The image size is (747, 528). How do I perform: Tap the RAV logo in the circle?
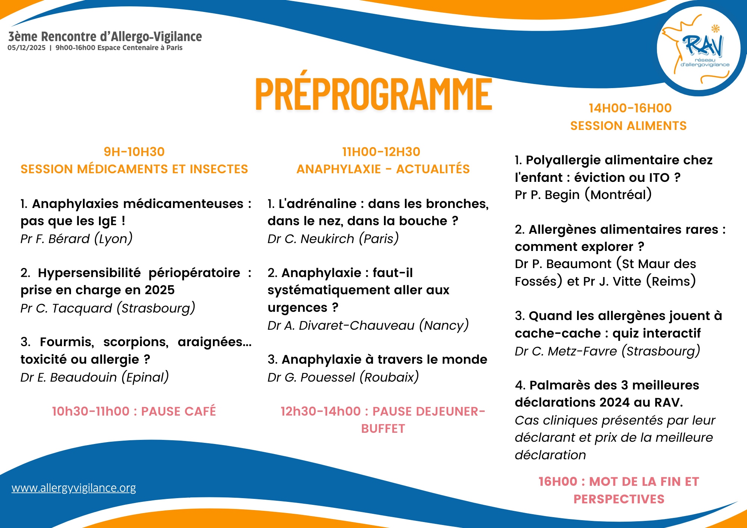point(699,49)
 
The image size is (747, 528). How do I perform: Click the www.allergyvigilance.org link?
point(74,488)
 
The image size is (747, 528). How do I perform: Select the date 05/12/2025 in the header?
point(27,48)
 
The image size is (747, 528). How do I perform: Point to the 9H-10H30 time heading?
point(134,152)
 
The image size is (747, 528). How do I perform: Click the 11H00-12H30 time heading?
point(381,152)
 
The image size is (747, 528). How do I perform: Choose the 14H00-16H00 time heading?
point(630,108)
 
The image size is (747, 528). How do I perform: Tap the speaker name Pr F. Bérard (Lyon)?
point(77,239)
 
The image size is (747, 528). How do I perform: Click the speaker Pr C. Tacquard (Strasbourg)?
point(108,308)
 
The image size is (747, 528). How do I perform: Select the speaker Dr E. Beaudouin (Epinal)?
point(94,377)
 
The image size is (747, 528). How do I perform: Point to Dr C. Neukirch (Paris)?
point(333,239)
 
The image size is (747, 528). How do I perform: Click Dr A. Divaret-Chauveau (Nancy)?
point(368,325)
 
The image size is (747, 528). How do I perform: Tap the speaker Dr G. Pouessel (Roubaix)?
point(343,377)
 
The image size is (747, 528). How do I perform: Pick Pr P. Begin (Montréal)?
point(583,195)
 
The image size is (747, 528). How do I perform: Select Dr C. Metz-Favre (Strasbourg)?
point(607,351)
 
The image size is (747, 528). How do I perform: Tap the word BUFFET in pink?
point(383,429)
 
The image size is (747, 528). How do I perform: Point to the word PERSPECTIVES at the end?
point(619,499)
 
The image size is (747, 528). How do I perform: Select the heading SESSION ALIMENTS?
point(629,126)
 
